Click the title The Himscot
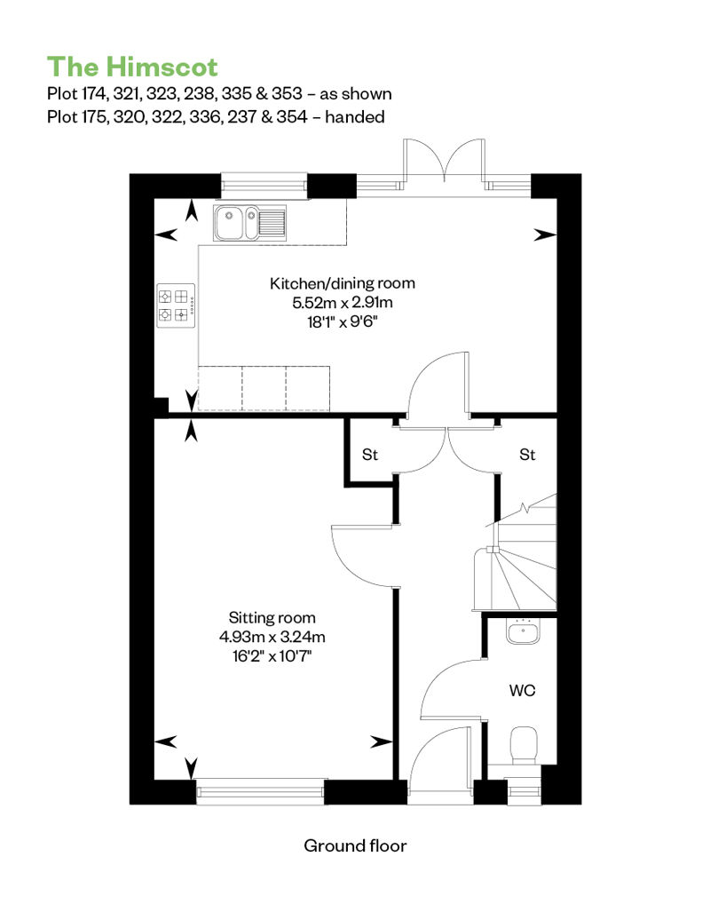point(132,67)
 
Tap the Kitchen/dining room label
point(343,283)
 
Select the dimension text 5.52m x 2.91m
point(343,303)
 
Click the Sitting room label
point(272,618)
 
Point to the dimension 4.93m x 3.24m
point(272,637)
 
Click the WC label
point(522,691)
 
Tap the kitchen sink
point(250,223)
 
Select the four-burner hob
point(176,305)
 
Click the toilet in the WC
point(525,746)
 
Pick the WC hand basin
point(523,632)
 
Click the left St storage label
point(370,455)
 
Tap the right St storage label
point(527,455)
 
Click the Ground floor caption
point(355,845)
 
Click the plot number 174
point(94,94)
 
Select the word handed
point(355,116)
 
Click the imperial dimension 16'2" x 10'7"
point(272,655)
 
